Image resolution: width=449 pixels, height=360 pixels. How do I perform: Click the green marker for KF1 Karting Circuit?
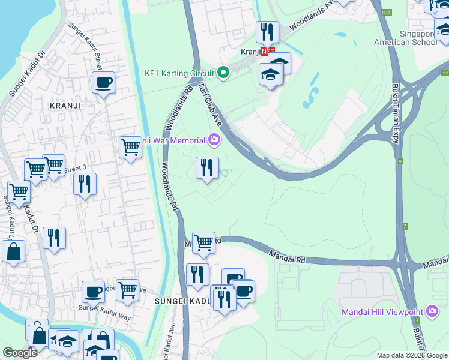tap(223, 73)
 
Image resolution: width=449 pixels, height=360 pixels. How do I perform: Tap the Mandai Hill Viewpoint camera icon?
tap(432, 311)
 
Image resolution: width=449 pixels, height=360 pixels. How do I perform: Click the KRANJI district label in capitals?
tap(65, 104)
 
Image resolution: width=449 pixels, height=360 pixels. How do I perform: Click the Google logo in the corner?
tap(20, 353)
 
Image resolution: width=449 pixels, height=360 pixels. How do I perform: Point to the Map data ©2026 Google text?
tap(412, 355)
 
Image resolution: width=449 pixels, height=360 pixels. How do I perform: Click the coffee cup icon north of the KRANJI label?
tap(103, 82)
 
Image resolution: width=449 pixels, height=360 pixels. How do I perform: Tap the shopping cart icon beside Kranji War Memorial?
tap(130, 146)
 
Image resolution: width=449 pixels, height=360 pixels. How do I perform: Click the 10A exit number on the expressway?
tap(385, 11)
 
